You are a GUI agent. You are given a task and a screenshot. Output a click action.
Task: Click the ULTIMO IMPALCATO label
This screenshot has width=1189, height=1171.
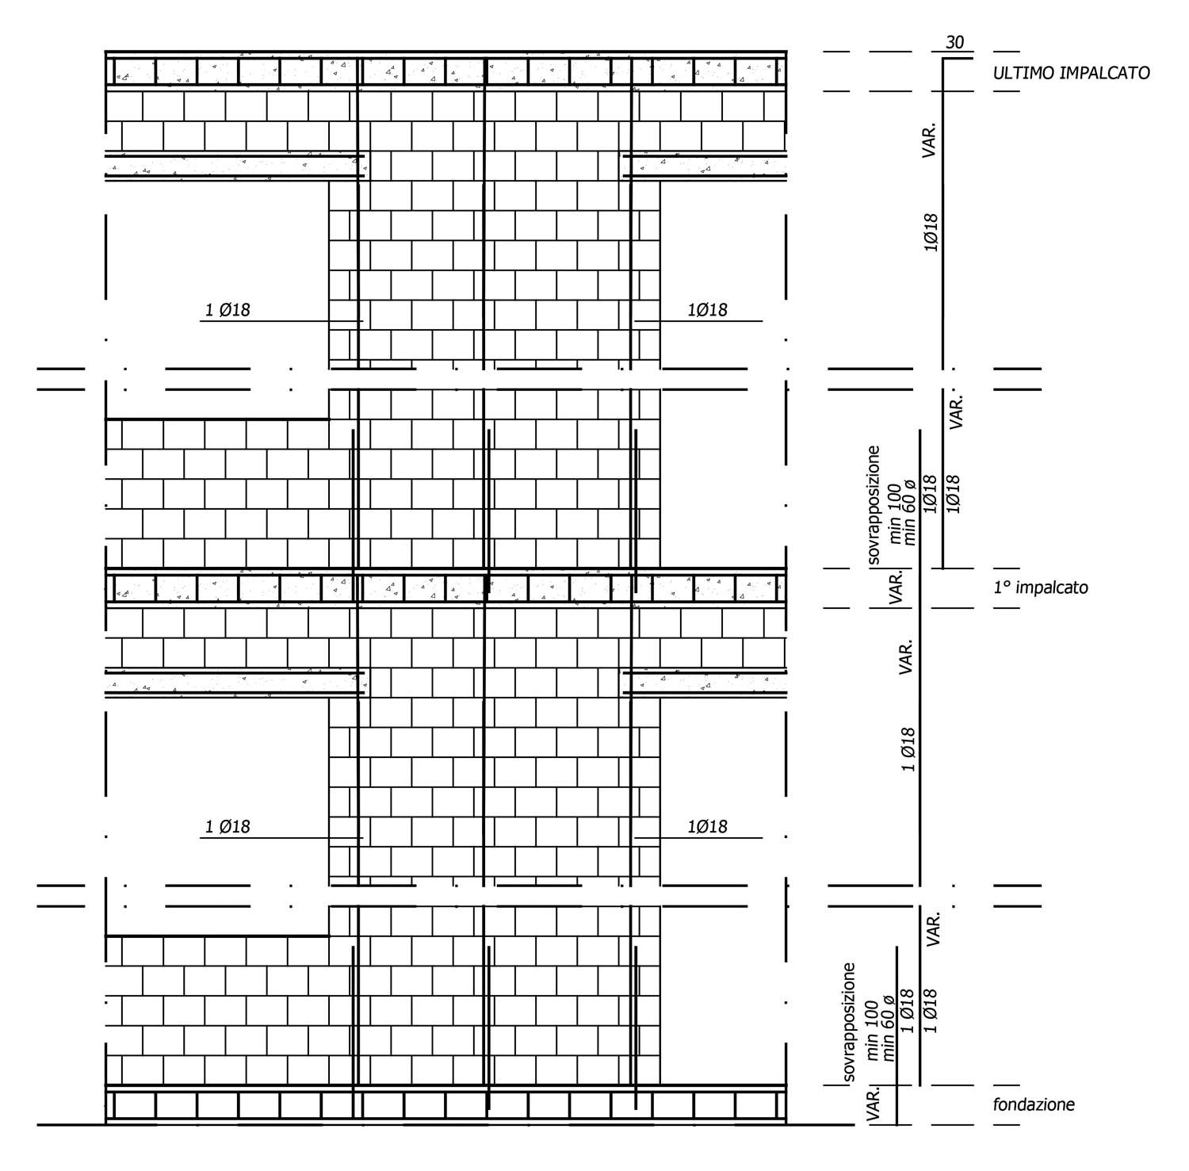point(1071,73)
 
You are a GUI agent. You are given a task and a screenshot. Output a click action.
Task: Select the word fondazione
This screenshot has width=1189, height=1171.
point(1034,1104)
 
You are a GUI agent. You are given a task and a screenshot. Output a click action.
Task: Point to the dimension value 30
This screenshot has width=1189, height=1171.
point(955,43)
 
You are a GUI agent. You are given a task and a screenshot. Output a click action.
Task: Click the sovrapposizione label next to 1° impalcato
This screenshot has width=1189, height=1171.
point(873,504)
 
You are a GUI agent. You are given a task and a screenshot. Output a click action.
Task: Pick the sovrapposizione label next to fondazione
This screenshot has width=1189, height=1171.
point(849,1022)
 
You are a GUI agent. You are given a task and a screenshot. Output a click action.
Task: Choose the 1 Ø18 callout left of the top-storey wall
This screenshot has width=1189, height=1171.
point(227,310)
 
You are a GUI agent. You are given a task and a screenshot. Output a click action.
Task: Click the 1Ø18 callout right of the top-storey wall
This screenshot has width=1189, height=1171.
point(707,310)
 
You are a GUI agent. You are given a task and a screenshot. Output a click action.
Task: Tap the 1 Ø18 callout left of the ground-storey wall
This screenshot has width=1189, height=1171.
point(227,827)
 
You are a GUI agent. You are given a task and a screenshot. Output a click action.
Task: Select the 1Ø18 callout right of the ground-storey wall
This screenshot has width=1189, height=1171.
point(707,827)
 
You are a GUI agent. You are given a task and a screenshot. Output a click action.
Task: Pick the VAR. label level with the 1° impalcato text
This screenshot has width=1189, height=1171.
point(897,587)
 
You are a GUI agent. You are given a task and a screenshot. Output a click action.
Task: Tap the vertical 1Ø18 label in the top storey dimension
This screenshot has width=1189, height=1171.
point(931,232)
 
